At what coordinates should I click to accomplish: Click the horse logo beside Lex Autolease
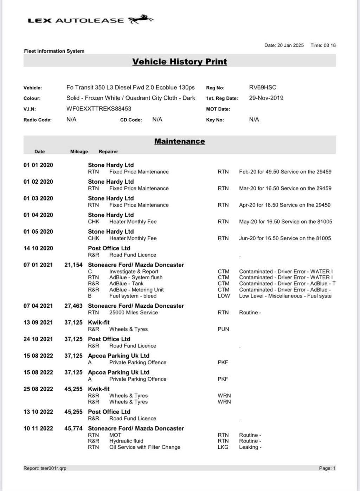pos(141,20)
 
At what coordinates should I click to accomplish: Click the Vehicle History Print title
pos(179,62)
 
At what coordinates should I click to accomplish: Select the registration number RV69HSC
pos(263,87)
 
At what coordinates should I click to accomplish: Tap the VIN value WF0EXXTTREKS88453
pos(99,109)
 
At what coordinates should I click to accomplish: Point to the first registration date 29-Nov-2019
pos(266,98)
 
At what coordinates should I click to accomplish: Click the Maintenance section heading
pos(179,141)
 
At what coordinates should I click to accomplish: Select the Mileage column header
pos(79,152)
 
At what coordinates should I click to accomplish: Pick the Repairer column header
pos(108,152)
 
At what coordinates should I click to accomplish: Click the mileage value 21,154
pos(73,265)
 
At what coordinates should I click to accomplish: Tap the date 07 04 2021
pos(38,306)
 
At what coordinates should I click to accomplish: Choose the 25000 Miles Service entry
pos(134,312)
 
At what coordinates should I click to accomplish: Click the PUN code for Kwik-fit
pos(223,329)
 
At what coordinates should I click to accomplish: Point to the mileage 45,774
pos(73,428)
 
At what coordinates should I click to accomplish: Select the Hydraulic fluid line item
pos(126,441)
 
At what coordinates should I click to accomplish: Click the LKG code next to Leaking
pos(223,447)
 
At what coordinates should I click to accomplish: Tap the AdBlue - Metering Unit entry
pos(136,290)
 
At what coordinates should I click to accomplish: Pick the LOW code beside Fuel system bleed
pos(224,296)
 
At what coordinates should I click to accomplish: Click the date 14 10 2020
pos(38,248)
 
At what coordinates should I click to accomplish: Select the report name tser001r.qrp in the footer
pos(53,468)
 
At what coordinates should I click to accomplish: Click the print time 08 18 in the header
pos(329,45)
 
